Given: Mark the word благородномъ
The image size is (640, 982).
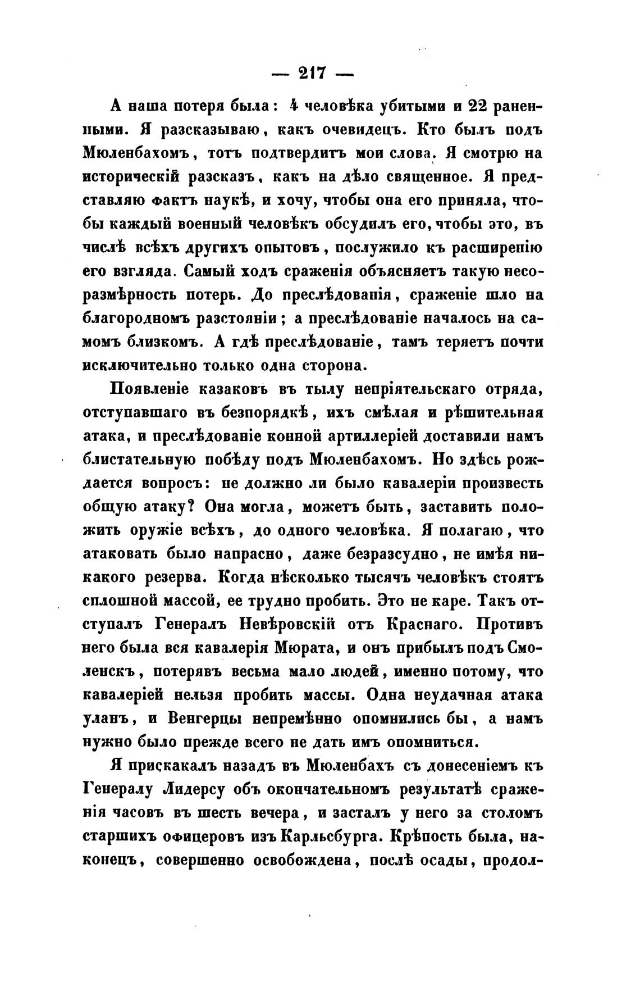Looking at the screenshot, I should click(x=134, y=319).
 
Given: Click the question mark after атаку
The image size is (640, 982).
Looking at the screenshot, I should click(x=190, y=506).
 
